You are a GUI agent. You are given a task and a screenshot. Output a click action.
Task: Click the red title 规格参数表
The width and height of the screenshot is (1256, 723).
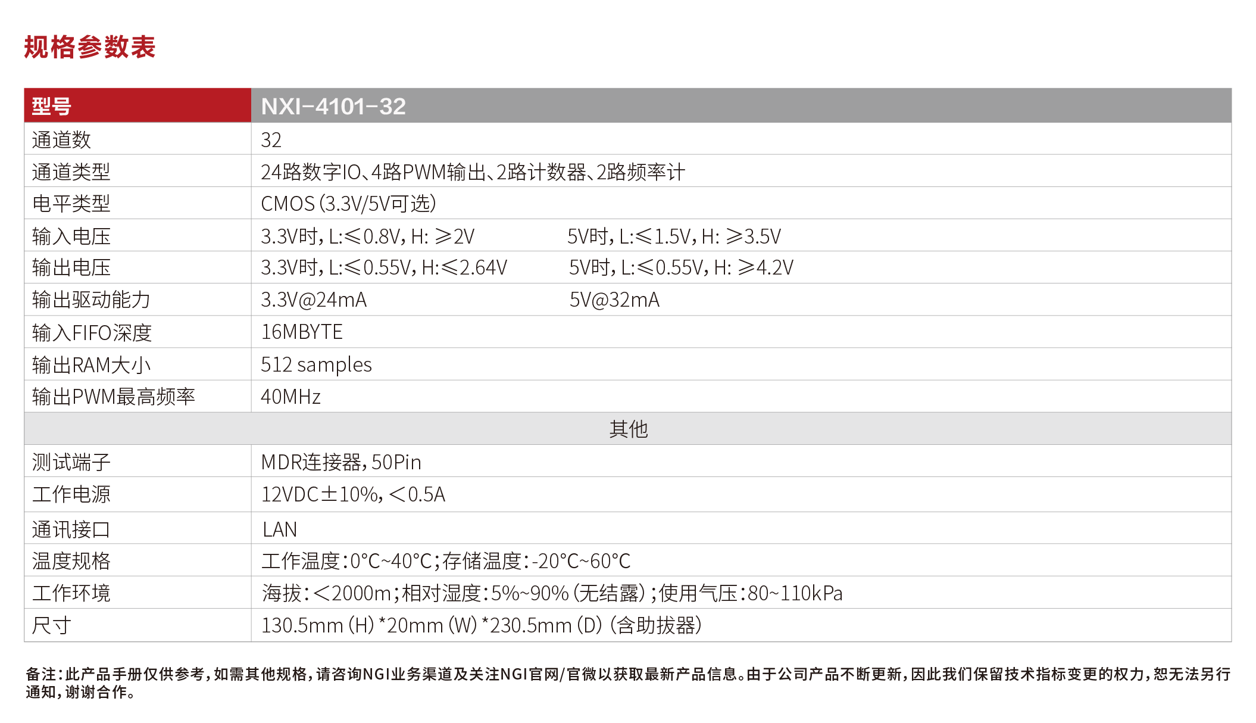pyautogui.click(x=89, y=47)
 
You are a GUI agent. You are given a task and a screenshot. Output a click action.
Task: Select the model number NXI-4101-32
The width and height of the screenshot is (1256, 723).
pyautogui.click(x=333, y=107)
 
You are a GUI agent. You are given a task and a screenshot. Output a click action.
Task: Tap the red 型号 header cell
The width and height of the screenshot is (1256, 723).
pyautogui.click(x=52, y=107)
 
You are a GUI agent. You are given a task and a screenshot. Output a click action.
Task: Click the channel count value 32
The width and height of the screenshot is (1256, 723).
pyautogui.click(x=271, y=140)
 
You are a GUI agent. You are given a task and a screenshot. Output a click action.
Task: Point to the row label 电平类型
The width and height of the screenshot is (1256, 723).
pyautogui.click(x=71, y=204)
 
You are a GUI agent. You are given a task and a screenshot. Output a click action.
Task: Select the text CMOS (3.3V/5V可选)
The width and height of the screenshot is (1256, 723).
pyautogui.click(x=348, y=204)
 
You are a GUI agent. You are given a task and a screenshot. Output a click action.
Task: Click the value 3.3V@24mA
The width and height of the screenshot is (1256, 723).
pyautogui.click(x=313, y=300)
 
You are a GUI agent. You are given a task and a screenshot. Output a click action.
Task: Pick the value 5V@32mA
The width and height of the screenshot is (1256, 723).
pyautogui.click(x=614, y=300)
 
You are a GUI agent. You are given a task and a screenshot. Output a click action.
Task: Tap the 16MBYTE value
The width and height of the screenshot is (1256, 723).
pyautogui.click(x=302, y=332)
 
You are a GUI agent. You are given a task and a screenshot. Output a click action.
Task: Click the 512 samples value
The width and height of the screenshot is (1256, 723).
pyautogui.click(x=316, y=364)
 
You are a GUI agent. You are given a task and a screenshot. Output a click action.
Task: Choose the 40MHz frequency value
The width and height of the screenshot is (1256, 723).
pyautogui.click(x=290, y=397)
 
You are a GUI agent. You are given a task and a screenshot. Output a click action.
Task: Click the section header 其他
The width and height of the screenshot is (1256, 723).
pyautogui.click(x=628, y=429)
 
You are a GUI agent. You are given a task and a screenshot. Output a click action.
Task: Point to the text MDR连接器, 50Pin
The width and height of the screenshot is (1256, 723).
pyautogui.click(x=341, y=462)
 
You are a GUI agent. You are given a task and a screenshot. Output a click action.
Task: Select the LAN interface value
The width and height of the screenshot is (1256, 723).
pyautogui.click(x=279, y=529)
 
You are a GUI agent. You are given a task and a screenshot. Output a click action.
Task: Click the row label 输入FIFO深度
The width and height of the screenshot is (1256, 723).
pyautogui.click(x=92, y=332)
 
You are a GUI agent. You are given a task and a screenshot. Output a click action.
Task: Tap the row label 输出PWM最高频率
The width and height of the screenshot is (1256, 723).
pyautogui.click(x=113, y=397)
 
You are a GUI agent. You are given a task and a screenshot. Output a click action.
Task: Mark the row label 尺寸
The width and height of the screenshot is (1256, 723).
pyautogui.click(x=51, y=625)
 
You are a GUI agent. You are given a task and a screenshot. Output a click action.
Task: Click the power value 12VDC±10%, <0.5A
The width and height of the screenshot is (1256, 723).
pyautogui.click(x=353, y=494)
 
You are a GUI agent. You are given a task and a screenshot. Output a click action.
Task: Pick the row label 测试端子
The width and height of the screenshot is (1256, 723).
pyautogui.click(x=71, y=462)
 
